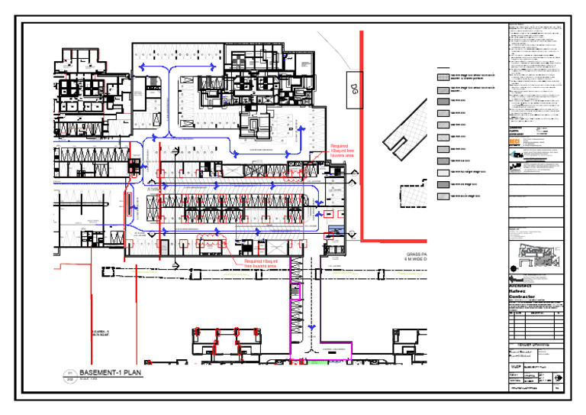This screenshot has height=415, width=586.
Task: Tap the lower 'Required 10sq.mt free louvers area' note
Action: (261, 264)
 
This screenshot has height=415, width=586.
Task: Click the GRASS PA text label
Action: (419, 255)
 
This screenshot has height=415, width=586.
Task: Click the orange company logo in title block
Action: (514, 143)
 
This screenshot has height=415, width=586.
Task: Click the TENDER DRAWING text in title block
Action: (534, 344)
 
